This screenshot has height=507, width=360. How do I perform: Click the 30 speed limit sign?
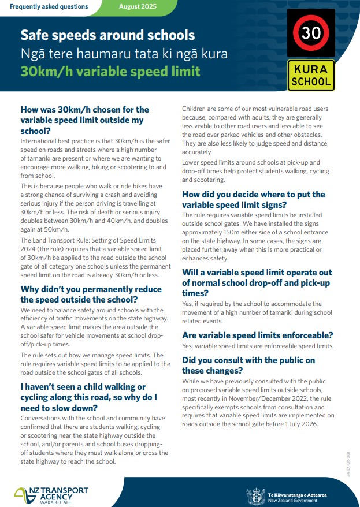point(311,33)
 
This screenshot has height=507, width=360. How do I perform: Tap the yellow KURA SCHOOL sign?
point(311,76)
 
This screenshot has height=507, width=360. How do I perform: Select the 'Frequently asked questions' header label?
point(49,7)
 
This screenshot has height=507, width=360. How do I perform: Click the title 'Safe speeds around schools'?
point(107,36)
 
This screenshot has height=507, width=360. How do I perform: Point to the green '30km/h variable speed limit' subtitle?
point(110,72)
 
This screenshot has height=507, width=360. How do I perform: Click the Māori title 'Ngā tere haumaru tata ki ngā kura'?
point(124,54)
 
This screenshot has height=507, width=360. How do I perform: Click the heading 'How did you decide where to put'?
point(254,199)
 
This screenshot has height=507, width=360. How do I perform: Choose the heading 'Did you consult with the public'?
point(248,366)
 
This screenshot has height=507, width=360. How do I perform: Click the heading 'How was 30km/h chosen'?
point(84,120)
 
